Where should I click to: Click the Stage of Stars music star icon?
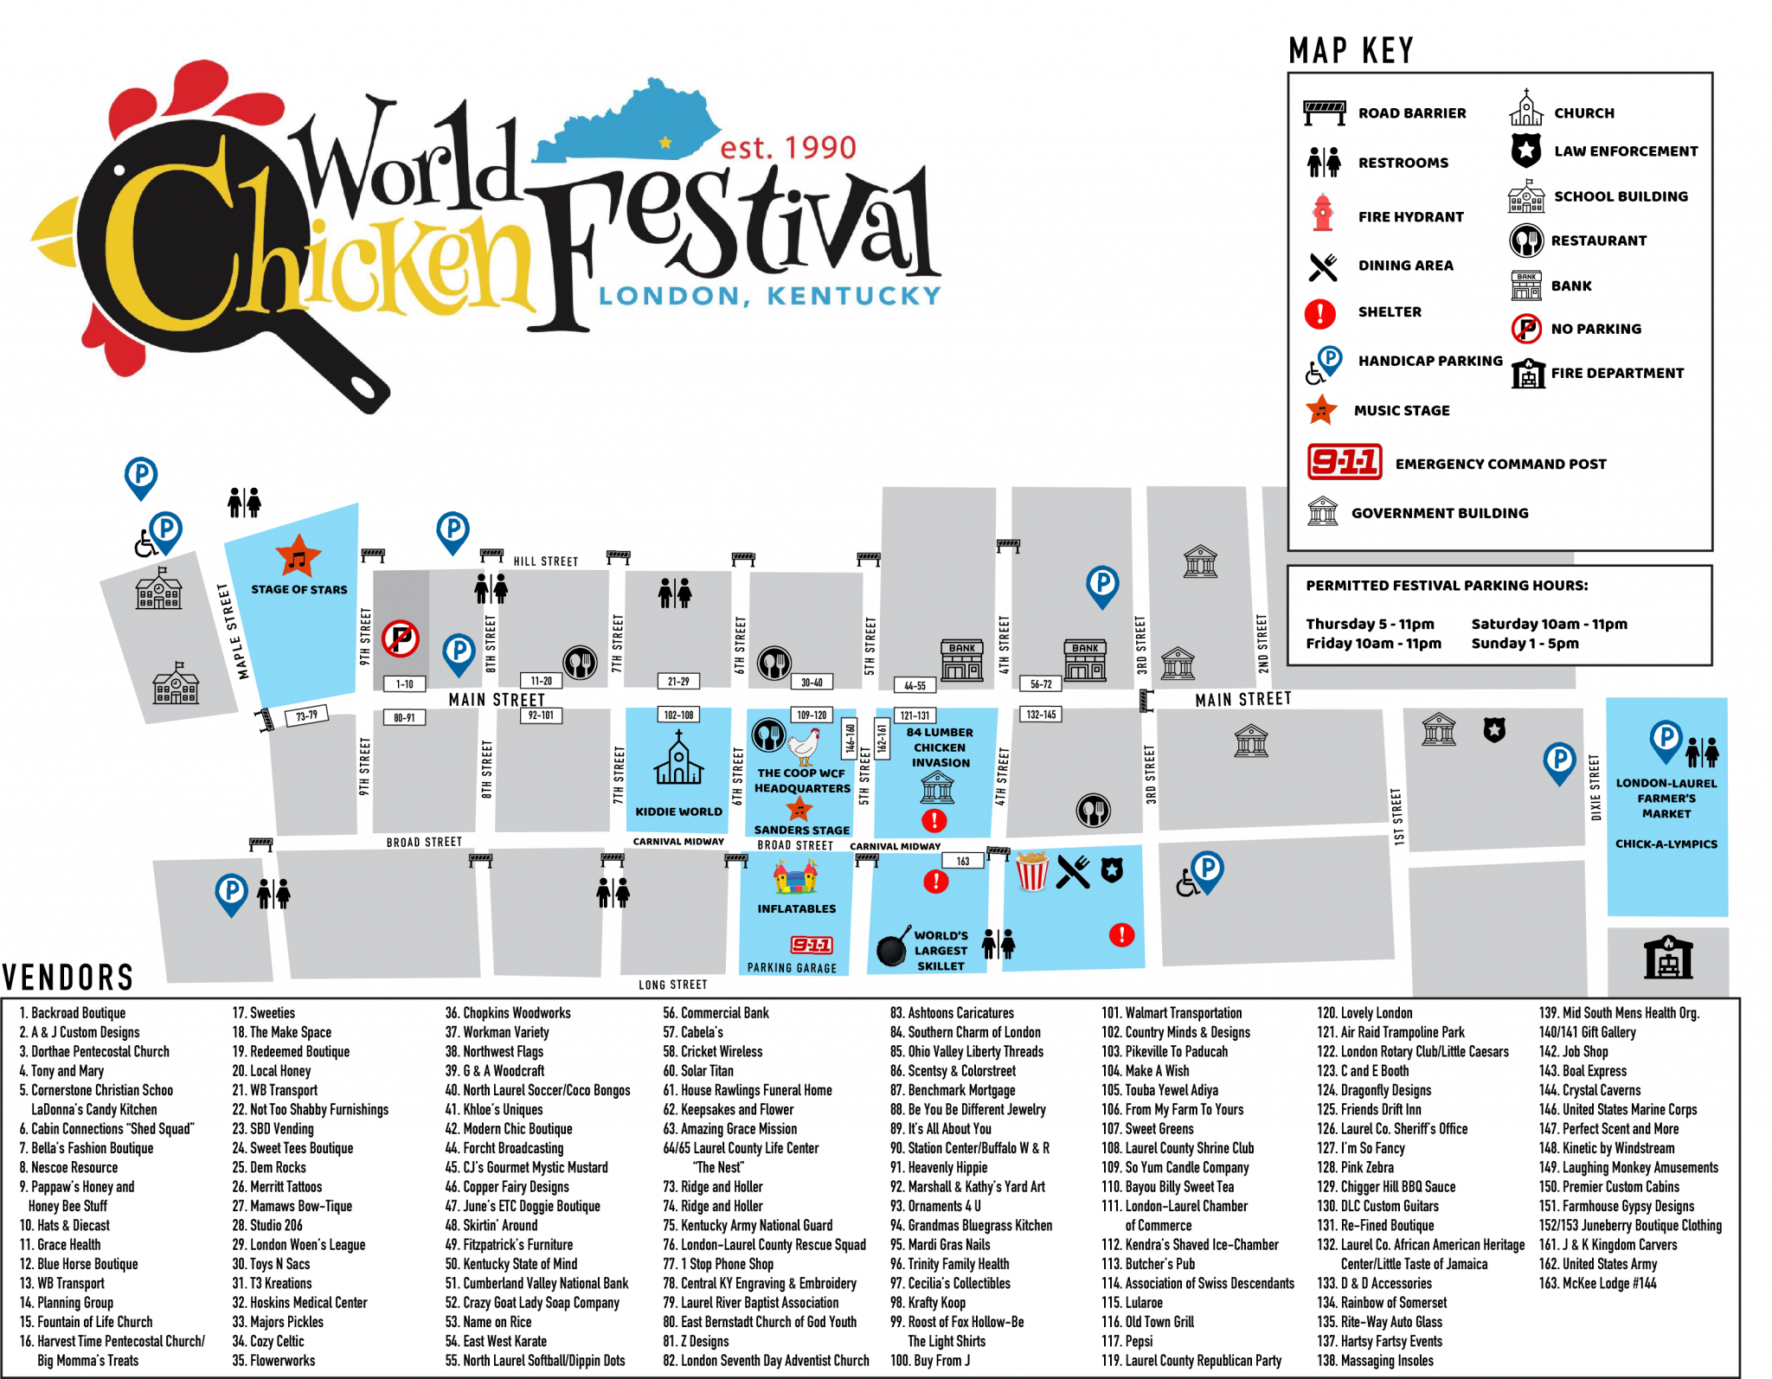click(298, 556)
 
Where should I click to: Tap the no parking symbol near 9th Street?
click(401, 638)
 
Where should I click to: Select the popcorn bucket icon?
click(1031, 871)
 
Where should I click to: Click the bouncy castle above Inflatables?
click(796, 877)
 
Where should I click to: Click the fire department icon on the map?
click(1667, 958)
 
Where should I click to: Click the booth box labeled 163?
click(962, 861)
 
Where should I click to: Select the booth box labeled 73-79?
click(306, 715)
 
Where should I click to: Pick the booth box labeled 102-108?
click(678, 715)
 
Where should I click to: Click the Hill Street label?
click(545, 561)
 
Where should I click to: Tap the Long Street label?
click(672, 985)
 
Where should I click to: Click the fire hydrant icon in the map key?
click(1322, 214)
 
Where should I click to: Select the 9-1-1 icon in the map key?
click(1344, 462)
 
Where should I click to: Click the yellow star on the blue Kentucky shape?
click(664, 143)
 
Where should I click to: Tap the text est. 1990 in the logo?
click(787, 148)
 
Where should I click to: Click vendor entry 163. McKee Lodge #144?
click(1597, 1283)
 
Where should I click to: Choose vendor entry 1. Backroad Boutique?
click(73, 1013)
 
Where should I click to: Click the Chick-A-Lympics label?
click(1666, 844)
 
